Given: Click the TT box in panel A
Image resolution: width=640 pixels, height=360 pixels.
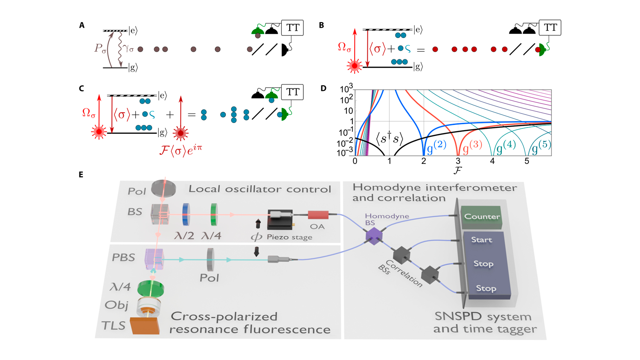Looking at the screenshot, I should (x=292, y=28).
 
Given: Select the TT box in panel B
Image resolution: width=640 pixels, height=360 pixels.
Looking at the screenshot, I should (x=550, y=28).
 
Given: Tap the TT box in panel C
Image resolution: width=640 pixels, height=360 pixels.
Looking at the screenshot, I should (x=292, y=92).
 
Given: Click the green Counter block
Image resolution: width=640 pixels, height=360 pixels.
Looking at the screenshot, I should (x=482, y=217).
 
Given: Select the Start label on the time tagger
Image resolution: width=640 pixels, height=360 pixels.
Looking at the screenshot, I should (x=481, y=240).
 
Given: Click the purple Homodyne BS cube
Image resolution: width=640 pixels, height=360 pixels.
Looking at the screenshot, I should (x=373, y=235).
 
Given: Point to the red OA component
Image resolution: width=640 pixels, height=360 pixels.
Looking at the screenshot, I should (x=318, y=215).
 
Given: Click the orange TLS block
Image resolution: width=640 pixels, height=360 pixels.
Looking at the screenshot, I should (x=145, y=325).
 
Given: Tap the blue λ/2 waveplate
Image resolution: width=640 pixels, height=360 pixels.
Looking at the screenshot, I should (x=186, y=214).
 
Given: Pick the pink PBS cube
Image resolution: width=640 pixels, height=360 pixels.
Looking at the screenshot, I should (x=154, y=259).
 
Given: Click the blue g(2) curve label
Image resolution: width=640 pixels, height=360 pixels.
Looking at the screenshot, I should (x=436, y=146).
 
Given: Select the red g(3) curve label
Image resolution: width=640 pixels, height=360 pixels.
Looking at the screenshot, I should (x=472, y=146).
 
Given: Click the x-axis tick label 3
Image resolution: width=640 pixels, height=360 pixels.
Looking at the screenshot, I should (x=458, y=161).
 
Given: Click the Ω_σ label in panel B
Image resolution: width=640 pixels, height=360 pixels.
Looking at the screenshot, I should (x=344, y=47).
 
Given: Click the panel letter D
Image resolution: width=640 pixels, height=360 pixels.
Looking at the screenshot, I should (x=323, y=88).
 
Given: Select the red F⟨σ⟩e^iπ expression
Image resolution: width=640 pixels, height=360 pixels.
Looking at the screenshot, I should (x=180, y=150).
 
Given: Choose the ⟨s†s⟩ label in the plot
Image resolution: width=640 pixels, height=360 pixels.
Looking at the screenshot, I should (x=389, y=138).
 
